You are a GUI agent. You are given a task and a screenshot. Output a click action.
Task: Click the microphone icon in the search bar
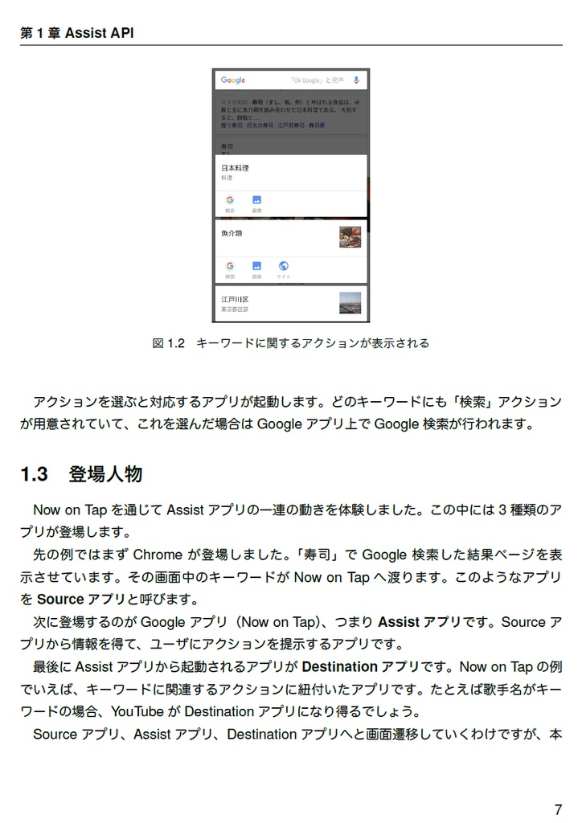pyautogui.click(x=356, y=80)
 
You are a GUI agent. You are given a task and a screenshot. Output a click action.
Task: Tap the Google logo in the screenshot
pyautogui.click(x=233, y=80)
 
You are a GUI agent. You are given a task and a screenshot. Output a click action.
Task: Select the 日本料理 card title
pyautogui.click(x=235, y=168)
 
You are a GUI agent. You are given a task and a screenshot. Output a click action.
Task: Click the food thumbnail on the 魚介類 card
pyautogui.click(x=350, y=236)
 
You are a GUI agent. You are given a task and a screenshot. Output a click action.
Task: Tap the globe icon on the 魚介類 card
pyautogui.click(x=283, y=266)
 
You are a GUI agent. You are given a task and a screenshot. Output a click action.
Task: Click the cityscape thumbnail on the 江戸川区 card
pyautogui.click(x=350, y=302)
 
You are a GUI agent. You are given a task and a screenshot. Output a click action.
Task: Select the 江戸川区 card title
pyautogui.click(x=235, y=299)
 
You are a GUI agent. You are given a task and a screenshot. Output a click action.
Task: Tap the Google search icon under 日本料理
pyautogui.click(x=230, y=200)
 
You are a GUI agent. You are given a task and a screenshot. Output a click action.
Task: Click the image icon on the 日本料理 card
pyautogui.click(x=256, y=200)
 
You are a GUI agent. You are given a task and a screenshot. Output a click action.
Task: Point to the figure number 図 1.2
pyautogui.click(x=169, y=343)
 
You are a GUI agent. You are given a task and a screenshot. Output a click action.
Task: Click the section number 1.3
pyautogui.click(x=35, y=474)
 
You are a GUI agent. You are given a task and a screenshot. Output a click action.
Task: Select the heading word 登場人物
pyautogui.click(x=105, y=474)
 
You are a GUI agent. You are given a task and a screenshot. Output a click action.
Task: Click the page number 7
pyautogui.click(x=558, y=809)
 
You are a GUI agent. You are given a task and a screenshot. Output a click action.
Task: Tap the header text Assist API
pyautogui.click(x=99, y=33)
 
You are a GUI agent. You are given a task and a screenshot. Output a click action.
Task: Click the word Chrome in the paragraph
pyautogui.click(x=158, y=555)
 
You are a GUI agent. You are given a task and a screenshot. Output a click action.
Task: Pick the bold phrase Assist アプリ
pyautogui.click(x=418, y=622)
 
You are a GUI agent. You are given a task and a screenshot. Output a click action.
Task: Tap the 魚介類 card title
pyautogui.click(x=232, y=233)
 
